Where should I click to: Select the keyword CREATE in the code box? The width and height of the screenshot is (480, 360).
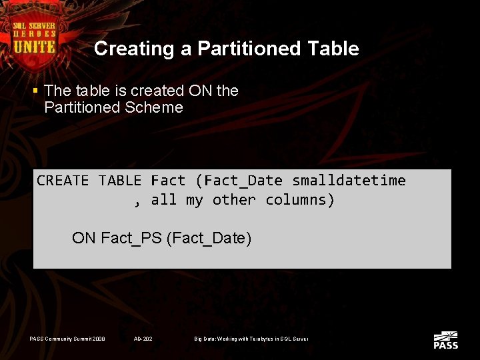[x=63, y=181]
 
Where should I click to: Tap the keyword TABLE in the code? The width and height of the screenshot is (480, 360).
[x=120, y=181]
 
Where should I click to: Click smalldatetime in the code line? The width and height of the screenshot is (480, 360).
[x=349, y=181]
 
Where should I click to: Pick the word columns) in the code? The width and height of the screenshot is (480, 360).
[x=300, y=200]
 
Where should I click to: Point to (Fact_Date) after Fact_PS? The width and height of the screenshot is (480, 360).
[x=208, y=238]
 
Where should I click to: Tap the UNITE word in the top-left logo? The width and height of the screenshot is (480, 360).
[x=35, y=47]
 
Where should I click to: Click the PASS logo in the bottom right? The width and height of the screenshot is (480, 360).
[x=445, y=340]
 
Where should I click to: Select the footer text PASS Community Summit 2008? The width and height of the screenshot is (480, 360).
[x=67, y=339]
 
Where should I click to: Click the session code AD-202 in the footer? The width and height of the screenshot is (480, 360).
[x=143, y=339]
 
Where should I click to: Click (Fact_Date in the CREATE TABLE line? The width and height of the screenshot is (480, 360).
[x=239, y=181]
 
